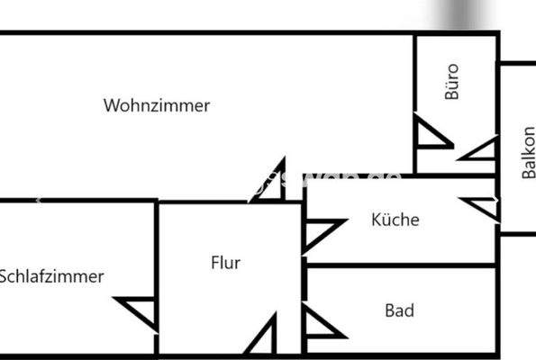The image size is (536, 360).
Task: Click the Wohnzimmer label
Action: tap(157, 105)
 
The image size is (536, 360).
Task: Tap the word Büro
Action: tap(452, 80)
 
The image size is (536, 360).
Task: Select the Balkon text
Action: tap(529, 152)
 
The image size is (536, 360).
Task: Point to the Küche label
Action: tap(395, 219)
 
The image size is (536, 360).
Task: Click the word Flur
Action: tap(225, 263)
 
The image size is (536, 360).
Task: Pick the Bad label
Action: tap(399, 310)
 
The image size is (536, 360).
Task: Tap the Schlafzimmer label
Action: tap(51, 276)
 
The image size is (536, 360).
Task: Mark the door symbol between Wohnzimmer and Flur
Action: tap(271, 183)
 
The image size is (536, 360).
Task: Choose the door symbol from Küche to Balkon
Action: tap(482, 206)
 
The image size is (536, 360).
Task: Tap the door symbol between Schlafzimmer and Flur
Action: tap(142, 311)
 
